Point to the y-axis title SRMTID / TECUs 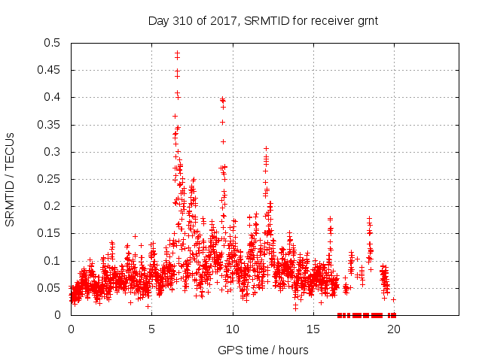click(x=11, y=179)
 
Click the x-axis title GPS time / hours click(x=263, y=350)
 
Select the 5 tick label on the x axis click(x=151, y=329)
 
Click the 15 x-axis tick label click(x=313, y=329)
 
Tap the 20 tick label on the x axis click(x=393, y=329)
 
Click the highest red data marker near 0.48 click(x=177, y=53)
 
